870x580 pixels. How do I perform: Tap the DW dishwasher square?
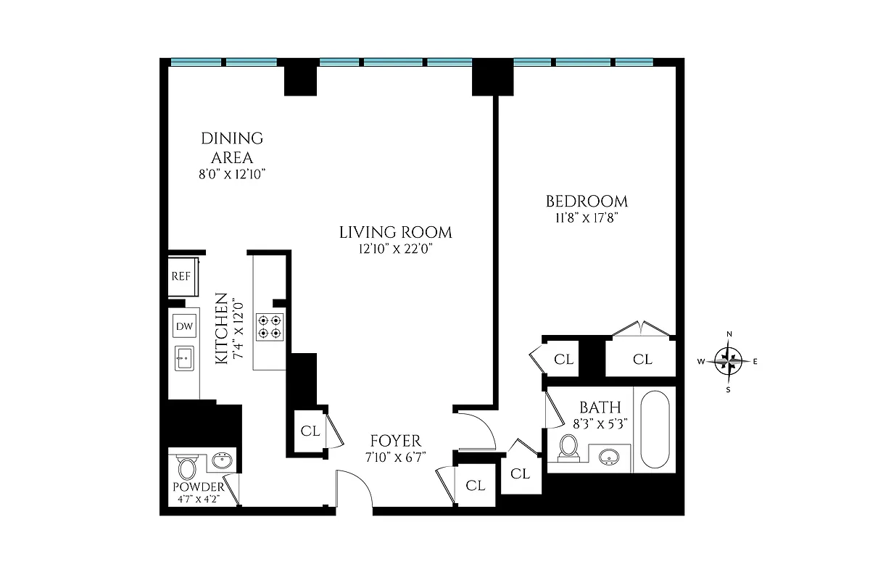[184, 327]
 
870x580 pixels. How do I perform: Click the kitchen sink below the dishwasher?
[185, 357]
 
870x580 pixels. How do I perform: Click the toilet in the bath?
[569, 447]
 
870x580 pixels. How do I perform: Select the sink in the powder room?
[223, 460]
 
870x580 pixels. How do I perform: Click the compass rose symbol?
[729, 360]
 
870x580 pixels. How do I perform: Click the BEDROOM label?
[587, 202]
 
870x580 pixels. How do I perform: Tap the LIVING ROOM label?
[395, 233]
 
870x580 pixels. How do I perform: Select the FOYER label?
[395, 441]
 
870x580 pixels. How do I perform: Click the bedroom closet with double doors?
[642, 358]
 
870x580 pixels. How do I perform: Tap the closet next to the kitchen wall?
[310, 431]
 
